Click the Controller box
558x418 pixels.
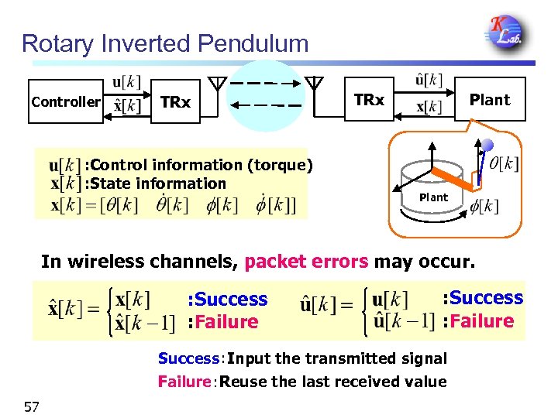coord(66,101)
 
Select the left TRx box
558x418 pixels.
coord(175,101)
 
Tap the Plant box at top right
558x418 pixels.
coord(490,99)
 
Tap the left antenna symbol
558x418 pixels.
coord(219,82)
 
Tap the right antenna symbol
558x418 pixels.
coord(314,82)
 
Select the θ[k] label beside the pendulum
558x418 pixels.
coord(505,164)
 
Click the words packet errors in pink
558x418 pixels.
coord(306,262)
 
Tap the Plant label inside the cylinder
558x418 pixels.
coord(433,197)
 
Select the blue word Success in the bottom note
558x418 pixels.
coord(188,358)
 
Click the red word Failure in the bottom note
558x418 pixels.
coord(184,382)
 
